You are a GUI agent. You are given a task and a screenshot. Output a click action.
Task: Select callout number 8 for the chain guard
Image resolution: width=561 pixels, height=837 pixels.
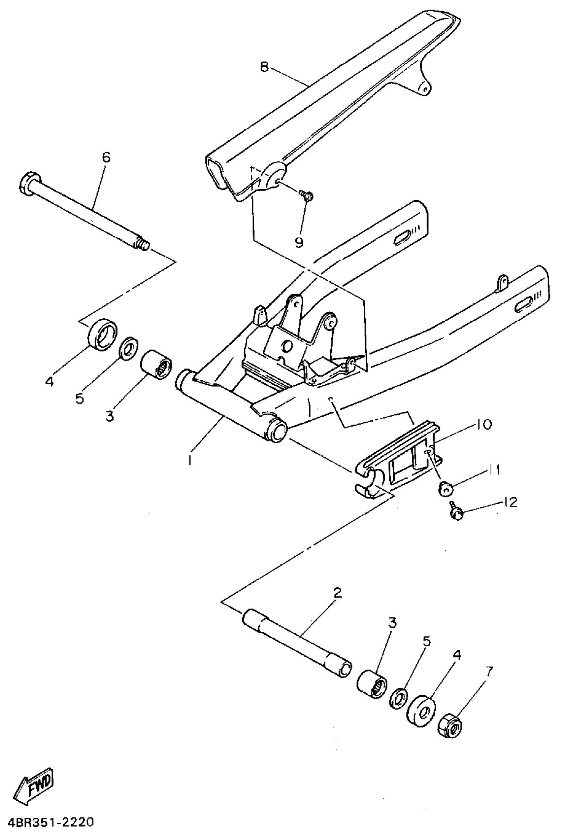point(264,67)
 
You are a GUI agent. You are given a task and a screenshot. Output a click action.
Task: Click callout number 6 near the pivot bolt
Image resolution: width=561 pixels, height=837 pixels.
point(106,157)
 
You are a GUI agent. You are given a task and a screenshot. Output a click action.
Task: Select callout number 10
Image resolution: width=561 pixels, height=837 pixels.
point(484,425)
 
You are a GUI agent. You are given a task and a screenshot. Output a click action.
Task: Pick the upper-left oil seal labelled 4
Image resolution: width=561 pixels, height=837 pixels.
point(103,335)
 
